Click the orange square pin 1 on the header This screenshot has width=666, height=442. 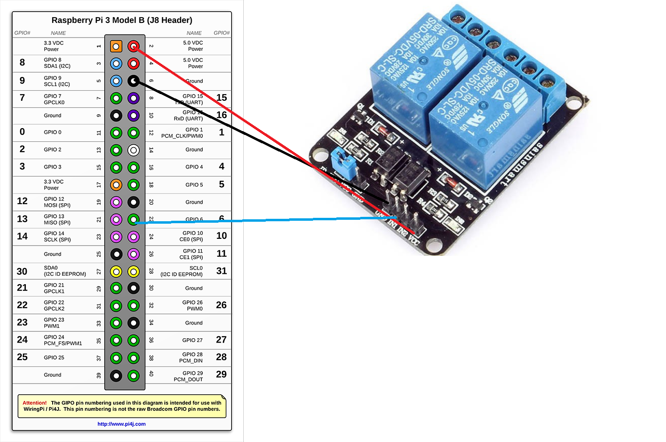tap(116, 46)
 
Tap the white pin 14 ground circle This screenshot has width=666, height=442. tap(134, 150)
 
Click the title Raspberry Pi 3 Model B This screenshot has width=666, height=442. tap(122, 20)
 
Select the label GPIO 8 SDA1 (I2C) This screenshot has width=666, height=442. tap(57, 63)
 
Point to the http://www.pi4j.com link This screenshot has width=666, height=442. tap(121, 424)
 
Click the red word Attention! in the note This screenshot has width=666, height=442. tap(35, 403)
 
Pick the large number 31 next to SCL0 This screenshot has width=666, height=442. tap(221, 271)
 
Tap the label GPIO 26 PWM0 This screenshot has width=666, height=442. tap(193, 306)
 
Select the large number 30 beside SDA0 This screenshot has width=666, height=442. tap(22, 271)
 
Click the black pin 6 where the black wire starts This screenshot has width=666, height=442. tap(134, 81)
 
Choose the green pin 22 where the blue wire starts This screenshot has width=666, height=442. tap(134, 220)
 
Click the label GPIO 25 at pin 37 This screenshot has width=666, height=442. tap(54, 358)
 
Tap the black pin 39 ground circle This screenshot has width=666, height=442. tap(116, 376)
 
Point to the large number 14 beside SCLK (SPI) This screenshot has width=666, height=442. tap(22, 236)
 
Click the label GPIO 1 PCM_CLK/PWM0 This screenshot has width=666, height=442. tap(182, 133)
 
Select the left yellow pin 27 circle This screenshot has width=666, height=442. tap(116, 271)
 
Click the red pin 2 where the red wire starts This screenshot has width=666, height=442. tap(134, 46)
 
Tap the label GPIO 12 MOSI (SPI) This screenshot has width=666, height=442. tap(57, 202)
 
